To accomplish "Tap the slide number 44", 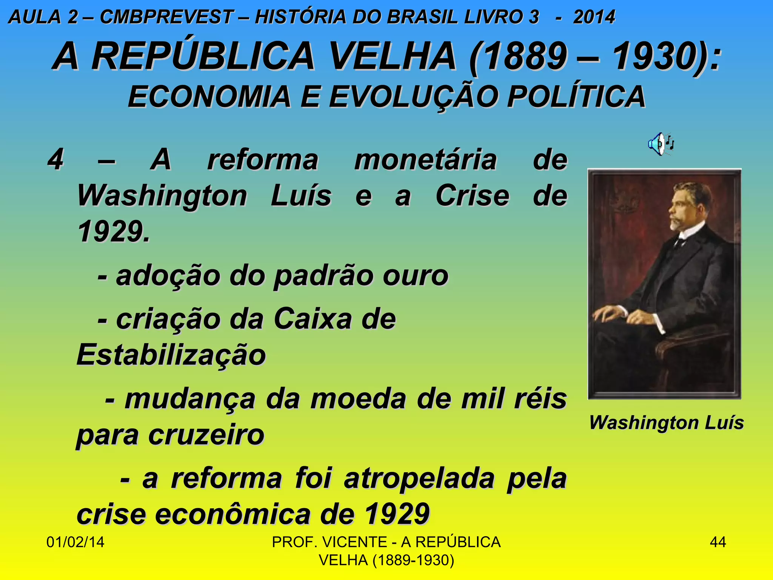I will (718, 542).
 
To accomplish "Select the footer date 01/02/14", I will (75, 542).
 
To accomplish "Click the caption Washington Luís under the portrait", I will (666, 422).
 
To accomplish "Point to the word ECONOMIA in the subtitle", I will (209, 97).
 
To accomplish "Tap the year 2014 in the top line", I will (594, 17).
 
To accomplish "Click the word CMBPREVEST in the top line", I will (166, 17).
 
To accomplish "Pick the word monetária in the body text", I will (425, 160).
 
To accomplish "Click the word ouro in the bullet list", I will (415, 276).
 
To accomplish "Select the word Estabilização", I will (171, 355).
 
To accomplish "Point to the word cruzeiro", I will (206, 435).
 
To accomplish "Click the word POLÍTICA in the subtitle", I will (576, 97).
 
